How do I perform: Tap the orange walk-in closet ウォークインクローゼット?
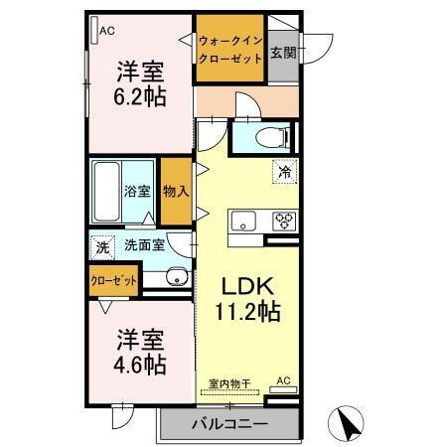229,51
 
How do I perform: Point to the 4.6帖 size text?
138,364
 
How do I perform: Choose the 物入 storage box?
175,191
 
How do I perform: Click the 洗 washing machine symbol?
102,245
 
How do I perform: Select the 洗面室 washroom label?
144,244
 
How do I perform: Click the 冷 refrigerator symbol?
285,172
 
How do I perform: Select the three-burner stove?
284,220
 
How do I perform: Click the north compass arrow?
350,425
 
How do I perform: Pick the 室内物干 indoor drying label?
227,382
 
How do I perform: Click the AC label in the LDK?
282,380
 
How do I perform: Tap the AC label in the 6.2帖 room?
106,31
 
